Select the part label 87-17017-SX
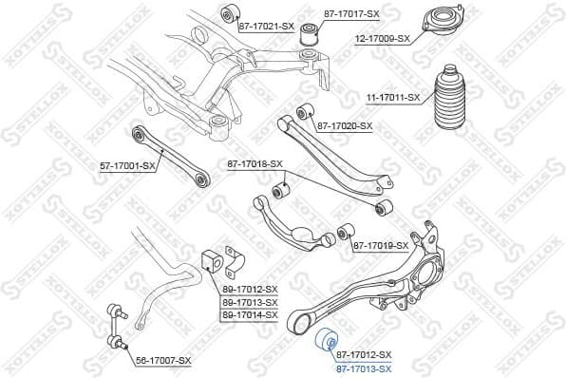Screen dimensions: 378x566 pyautogui.click(x=350, y=14)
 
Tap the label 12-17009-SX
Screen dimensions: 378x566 pyautogui.click(x=383, y=39)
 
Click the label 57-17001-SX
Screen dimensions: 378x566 pyautogui.click(x=128, y=165)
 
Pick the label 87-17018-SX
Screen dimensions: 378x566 pyautogui.click(x=255, y=164)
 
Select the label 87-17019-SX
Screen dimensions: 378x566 pyautogui.click(x=381, y=246)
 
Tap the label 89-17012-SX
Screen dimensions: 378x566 pyautogui.click(x=250, y=289)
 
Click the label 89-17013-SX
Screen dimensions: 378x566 pyautogui.click(x=250, y=302)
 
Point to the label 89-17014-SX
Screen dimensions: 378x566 pyautogui.click(x=250, y=314)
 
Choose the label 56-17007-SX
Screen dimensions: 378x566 pyautogui.click(x=162, y=361)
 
